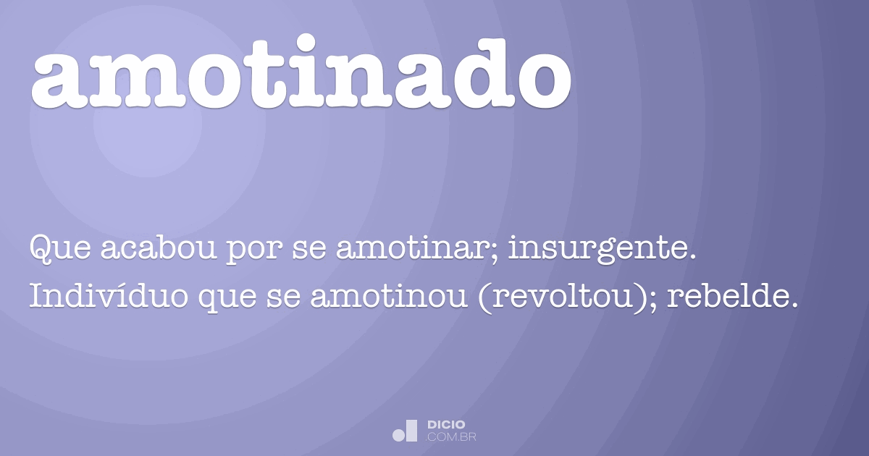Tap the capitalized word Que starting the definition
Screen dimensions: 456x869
point(57,250)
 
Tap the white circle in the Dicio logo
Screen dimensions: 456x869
point(398,435)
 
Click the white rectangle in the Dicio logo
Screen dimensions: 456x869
point(411,430)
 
